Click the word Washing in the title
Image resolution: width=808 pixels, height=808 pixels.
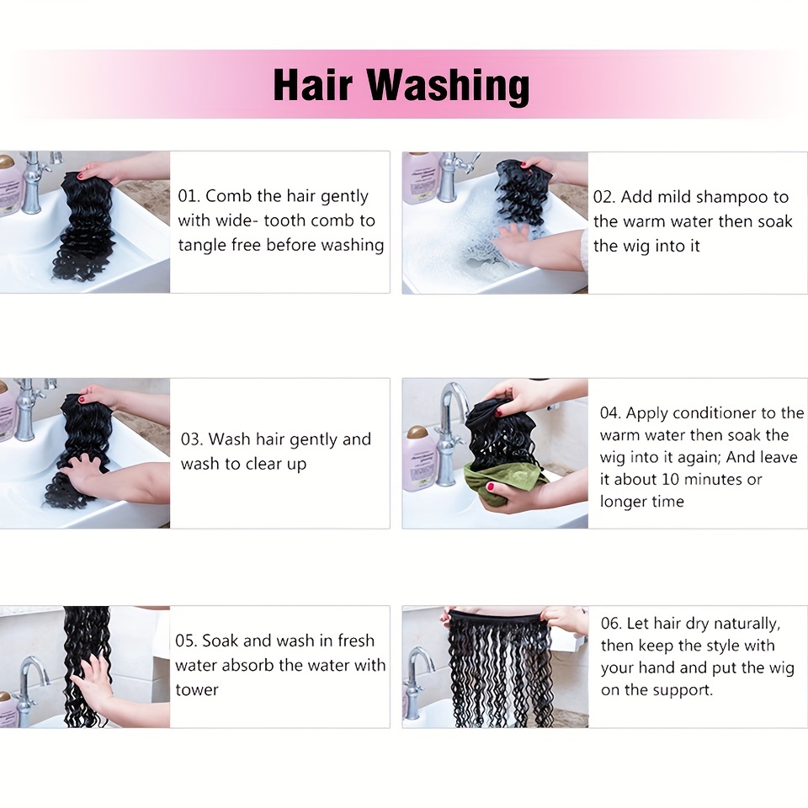coord(449,86)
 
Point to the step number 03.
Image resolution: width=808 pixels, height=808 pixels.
coord(192,439)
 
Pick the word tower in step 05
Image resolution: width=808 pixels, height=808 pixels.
coord(197,689)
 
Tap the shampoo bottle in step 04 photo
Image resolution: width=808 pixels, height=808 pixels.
coord(418,458)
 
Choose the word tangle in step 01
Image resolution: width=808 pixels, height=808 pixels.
coord(201,245)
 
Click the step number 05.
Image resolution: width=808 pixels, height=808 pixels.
coord(186,641)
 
